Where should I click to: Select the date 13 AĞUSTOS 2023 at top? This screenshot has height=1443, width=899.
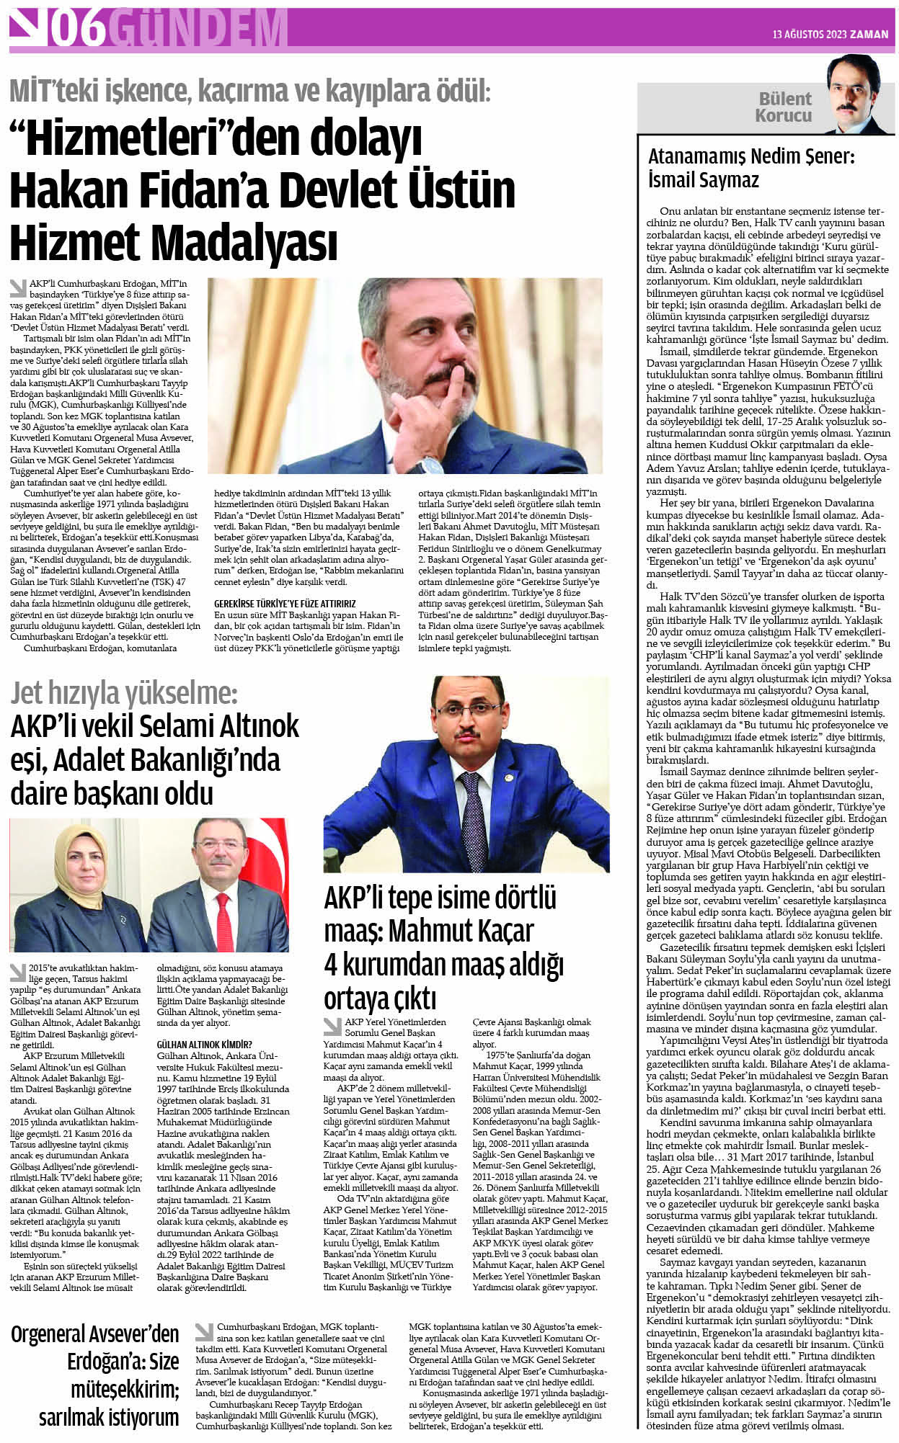pos(807,34)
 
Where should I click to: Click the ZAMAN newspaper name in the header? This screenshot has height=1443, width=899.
pos(869,34)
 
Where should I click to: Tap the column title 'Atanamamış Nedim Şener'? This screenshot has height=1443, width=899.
pos(750,156)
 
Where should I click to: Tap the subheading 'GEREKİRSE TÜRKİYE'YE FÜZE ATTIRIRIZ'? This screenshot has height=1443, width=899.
pos(285,603)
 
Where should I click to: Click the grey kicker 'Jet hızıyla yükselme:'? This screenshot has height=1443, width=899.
pos(123,693)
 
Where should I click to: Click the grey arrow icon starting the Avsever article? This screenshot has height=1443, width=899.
pos(204,1330)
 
